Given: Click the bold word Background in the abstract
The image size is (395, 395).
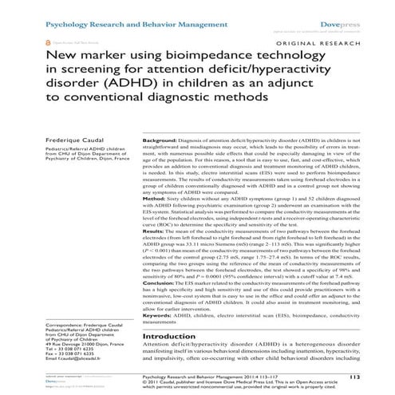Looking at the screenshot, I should pyautogui.click(x=161, y=139).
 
